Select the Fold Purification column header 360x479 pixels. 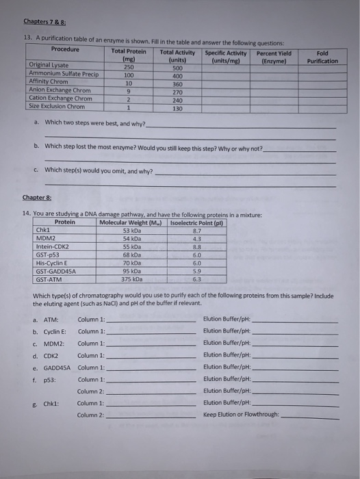pyautogui.click(x=322, y=57)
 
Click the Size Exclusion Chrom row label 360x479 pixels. pyautogui.click(x=57, y=107)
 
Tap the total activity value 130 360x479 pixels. pyautogui.click(x=177, y=107)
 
